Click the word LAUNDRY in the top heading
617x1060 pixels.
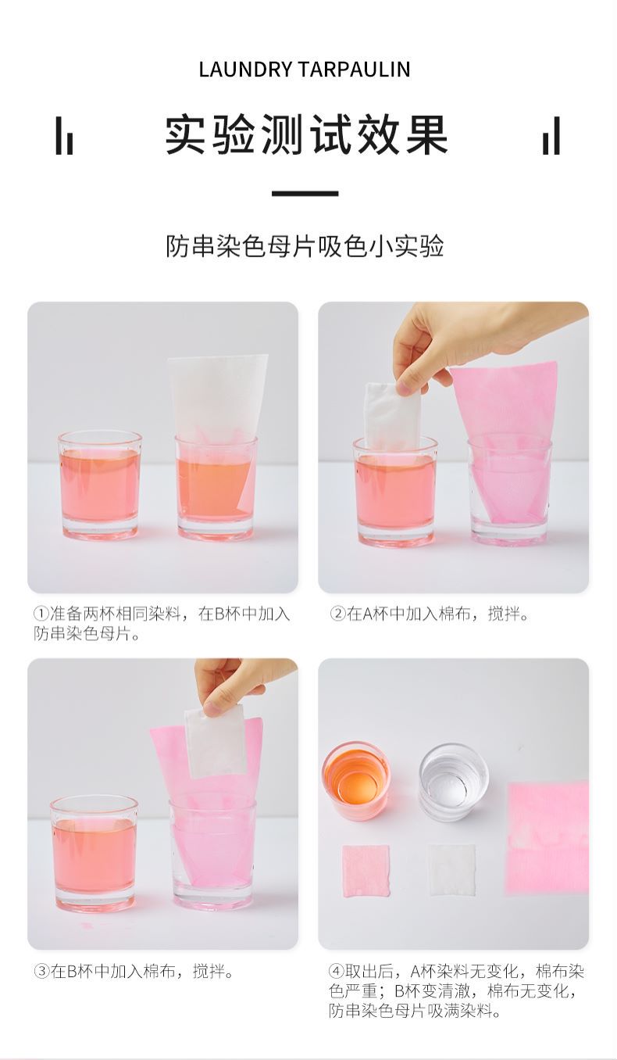click(x=245, y=69)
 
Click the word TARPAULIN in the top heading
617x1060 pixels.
click(x=354, y=69)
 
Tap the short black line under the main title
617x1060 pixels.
click(x=305, y=193)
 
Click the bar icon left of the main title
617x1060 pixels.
click(x=64, y=136)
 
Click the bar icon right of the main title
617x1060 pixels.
click(x=551, y=136)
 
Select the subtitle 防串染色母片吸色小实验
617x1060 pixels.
click(x=305, y=246)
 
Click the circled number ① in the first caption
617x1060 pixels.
click(x=41, y=614)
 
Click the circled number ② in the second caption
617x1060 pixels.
click(x=337, y=614)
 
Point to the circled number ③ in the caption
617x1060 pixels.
click(x=41, y=972)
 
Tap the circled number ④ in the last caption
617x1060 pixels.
click(x=337, y=972)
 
